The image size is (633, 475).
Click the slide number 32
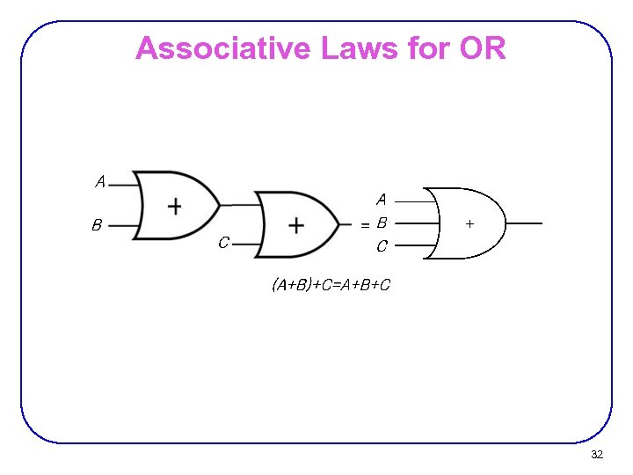coord(597,455)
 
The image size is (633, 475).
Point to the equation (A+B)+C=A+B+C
coord(331,285)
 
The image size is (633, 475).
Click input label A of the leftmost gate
coord(100,182)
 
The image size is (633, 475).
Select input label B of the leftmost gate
coord(97,225)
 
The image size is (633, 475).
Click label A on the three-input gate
coord(382,201)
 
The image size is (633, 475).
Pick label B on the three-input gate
coord(382,223)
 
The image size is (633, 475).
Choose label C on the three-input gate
coord(382,246)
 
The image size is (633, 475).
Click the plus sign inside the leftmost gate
coord(175,206)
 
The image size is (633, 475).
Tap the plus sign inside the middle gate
coord(296,226)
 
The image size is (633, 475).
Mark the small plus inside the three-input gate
coord(469,224)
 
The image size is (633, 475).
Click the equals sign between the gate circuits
coord(364,225)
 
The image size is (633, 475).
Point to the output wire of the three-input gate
coord(524,223)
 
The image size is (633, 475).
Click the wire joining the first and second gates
coord(237,205)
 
